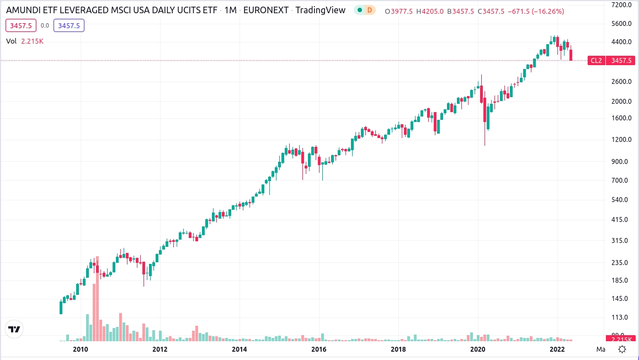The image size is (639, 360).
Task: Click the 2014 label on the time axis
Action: pos(239,349)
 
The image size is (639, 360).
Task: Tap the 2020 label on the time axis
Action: pos(477,349)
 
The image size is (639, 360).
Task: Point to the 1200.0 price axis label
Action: pos(617,139)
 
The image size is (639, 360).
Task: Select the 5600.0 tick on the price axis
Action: pos(617,24)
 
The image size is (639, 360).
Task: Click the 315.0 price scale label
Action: pos(617,241)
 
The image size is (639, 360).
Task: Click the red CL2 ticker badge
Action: pos(596,61)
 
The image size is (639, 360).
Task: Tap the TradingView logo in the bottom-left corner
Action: pos(14,329)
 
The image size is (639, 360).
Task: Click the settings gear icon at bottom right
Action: pos(622,349)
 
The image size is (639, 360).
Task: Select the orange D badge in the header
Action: pos(370,10)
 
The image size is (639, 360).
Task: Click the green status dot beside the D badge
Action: pos(359,10)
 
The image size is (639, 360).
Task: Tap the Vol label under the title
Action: pos(12,41)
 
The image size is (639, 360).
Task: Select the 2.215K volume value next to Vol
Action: pos(33,41)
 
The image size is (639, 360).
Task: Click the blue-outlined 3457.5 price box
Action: pos(68,25)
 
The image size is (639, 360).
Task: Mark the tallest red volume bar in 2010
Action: pos(97,299)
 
